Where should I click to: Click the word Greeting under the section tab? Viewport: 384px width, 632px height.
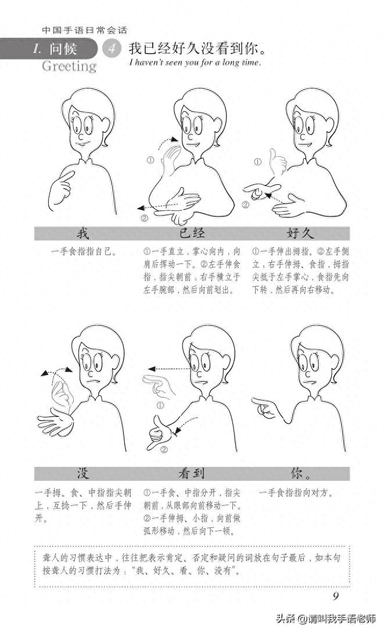(69, 66)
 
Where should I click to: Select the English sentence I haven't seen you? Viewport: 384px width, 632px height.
(195, 62)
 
